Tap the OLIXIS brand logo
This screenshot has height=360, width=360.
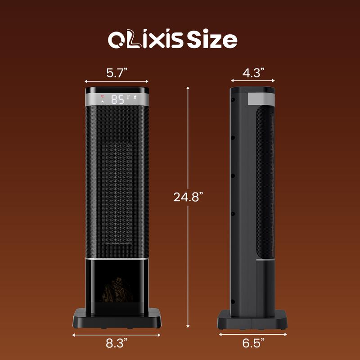[x=146, y=40]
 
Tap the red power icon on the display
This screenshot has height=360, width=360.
[x=103, y=97]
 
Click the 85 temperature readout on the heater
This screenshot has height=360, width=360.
[x=117, y=99]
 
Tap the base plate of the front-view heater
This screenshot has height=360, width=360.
[x=117, y=318]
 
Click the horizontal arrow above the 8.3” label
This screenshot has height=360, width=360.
[x=117, y=334]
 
